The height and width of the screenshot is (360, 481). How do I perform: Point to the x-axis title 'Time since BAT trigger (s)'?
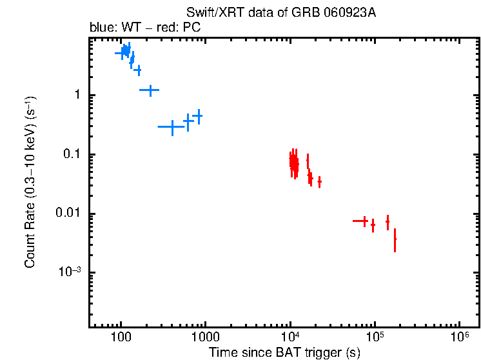[284, 352]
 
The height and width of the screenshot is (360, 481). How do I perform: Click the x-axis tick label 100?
[121, 337]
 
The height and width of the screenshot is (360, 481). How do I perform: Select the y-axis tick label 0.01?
[68, 214]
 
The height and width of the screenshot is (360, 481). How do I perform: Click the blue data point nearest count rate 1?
[150, 90]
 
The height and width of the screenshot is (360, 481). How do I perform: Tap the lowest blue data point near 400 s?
[172, 127]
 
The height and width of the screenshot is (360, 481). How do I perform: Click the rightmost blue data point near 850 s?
[199, 116]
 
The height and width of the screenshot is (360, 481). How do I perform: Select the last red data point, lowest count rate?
[395, 239]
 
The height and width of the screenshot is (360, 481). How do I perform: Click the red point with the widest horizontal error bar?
[364, 221]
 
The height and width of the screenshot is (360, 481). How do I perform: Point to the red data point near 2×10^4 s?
[319, 182]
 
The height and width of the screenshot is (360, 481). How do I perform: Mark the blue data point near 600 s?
[188, 121]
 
